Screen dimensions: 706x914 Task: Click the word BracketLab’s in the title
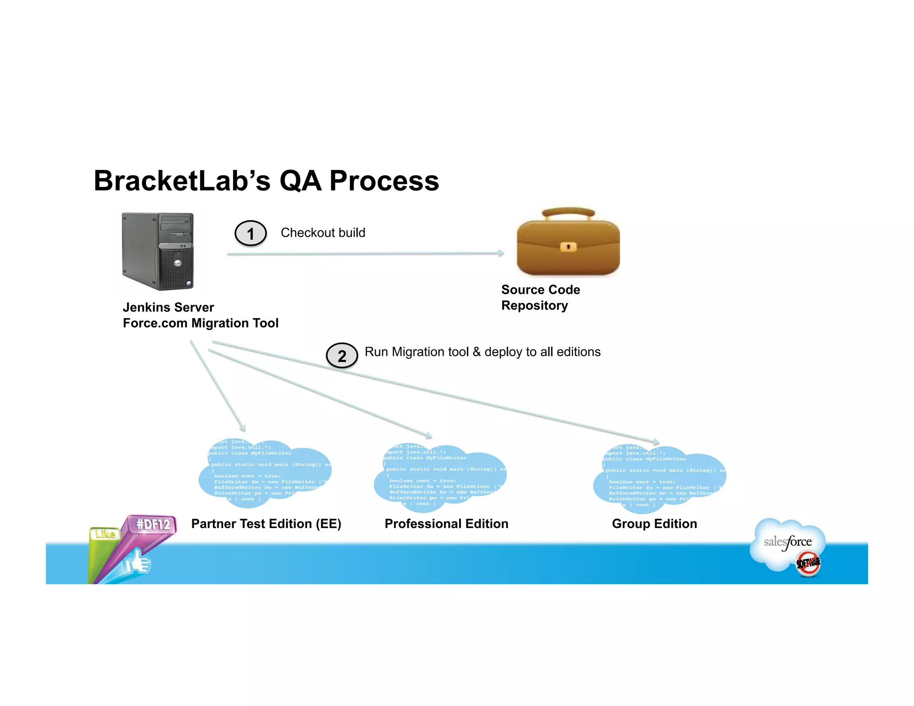182,181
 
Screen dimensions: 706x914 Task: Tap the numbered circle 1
250,233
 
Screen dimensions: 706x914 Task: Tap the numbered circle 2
342,356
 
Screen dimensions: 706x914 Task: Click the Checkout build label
323,233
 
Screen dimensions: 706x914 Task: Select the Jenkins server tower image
158,251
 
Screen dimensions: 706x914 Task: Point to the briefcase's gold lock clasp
568,246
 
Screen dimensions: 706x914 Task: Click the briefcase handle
568,212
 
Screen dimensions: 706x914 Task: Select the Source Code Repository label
540,298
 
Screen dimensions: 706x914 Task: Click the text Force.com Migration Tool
200,323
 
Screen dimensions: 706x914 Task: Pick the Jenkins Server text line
168,307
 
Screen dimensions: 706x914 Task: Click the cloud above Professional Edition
440,478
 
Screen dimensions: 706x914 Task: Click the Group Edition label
654,524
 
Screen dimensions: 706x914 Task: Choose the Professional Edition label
446,524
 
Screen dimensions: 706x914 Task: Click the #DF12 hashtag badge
153,524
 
